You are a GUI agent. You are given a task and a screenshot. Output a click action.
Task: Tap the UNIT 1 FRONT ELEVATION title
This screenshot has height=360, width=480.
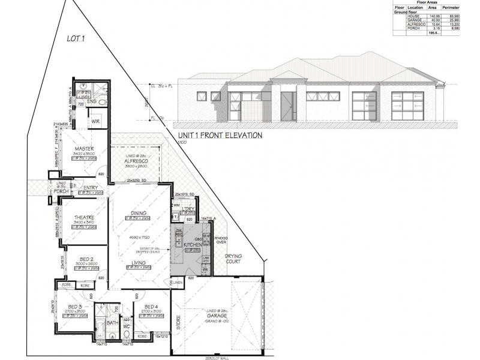tap(220, 136)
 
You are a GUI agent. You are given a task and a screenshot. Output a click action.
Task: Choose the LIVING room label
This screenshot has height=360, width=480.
tap(139, 262)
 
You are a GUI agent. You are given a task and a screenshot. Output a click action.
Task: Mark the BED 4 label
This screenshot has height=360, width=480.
tap(151, 307)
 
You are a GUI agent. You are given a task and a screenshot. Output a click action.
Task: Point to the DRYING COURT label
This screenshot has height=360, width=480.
tap(233, 259)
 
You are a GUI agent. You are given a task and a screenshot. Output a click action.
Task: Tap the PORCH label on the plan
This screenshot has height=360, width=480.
tap(61, 192)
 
